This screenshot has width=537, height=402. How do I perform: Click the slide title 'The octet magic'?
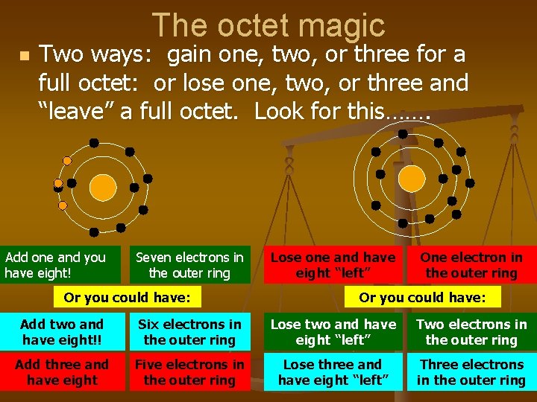pyautogui.click(x=268, y=25)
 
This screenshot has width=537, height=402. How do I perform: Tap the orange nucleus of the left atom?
pyautogui.click(x=103, y=186)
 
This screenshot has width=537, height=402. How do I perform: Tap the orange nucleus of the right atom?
pyautogui.click(x=410, y=178)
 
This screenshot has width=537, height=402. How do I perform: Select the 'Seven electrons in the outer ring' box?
pyautogui.click(x=189, y=265)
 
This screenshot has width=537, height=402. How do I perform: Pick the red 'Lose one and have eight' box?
pyautogui.click(x=333, y=265)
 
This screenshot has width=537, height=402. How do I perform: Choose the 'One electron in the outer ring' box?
pyautogui.click(x=471, y=265)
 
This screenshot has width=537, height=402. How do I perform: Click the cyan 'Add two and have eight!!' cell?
pyautogui.click(x=62, y=332)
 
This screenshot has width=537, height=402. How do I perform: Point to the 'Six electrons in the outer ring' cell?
pyautogui.click(x=189, y=332)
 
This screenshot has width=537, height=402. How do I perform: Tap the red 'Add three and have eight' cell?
pyautogui.click(x=62, y=372)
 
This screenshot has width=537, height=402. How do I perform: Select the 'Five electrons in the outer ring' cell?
pyautogui.click(x=189, y=372)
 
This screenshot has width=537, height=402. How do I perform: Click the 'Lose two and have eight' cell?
pyautogui.click(x=333, y=332)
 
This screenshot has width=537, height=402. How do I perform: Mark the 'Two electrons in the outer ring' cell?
pyautogui.click(x=471, y=332)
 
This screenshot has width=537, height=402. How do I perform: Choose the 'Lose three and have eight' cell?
pyautogui.click(x=333, y=372)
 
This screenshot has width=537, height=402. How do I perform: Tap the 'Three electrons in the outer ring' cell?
pyautogui.click(x=471, y=372)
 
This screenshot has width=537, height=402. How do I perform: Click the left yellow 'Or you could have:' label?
pyautogui.click(x=127, y=299)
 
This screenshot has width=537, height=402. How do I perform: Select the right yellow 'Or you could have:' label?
pyautogui.click(x=422, y=298)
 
